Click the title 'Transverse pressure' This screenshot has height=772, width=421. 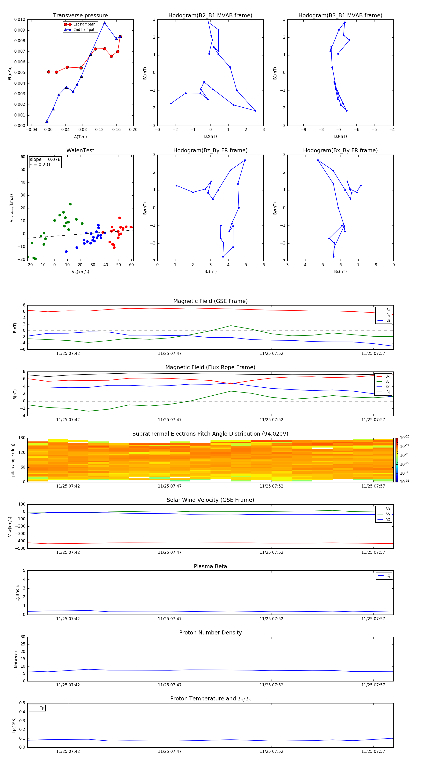[80, 16]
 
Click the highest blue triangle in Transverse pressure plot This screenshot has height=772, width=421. [105, 23]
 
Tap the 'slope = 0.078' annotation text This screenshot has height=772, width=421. [45, 160]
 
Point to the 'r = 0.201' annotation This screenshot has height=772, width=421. [40, 164]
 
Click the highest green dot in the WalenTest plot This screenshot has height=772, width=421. [70, 204]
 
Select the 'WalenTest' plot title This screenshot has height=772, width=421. [80, 150]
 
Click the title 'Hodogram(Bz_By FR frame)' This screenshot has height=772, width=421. [210, 150]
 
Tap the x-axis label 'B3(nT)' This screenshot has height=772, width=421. [340, 136]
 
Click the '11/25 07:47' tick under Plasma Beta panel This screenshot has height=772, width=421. [170, 619]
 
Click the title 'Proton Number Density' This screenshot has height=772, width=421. [210, 633]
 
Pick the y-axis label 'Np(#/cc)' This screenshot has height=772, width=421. [16, 659]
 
